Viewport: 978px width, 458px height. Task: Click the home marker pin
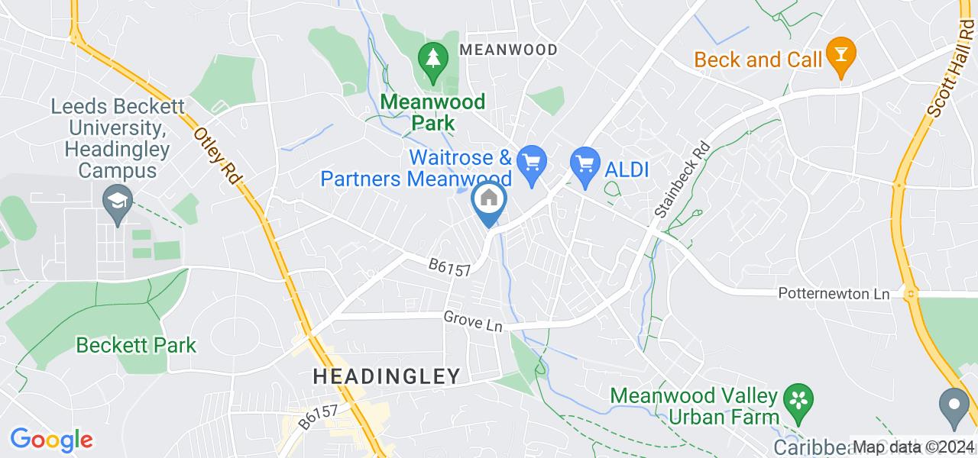point(487,201)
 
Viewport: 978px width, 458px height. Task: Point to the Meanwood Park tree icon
point(433,59)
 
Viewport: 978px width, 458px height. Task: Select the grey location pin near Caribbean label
point(954,404)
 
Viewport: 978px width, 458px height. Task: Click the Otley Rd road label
point(218,156)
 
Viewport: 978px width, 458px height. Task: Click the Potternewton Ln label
point(834,294)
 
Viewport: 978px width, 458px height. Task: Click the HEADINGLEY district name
point(387,376)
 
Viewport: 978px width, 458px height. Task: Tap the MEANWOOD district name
point(507,50)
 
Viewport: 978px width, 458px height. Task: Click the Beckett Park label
point(136,345)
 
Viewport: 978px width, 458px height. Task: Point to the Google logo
point(51,440)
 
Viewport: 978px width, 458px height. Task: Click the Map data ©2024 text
point(913,447)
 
